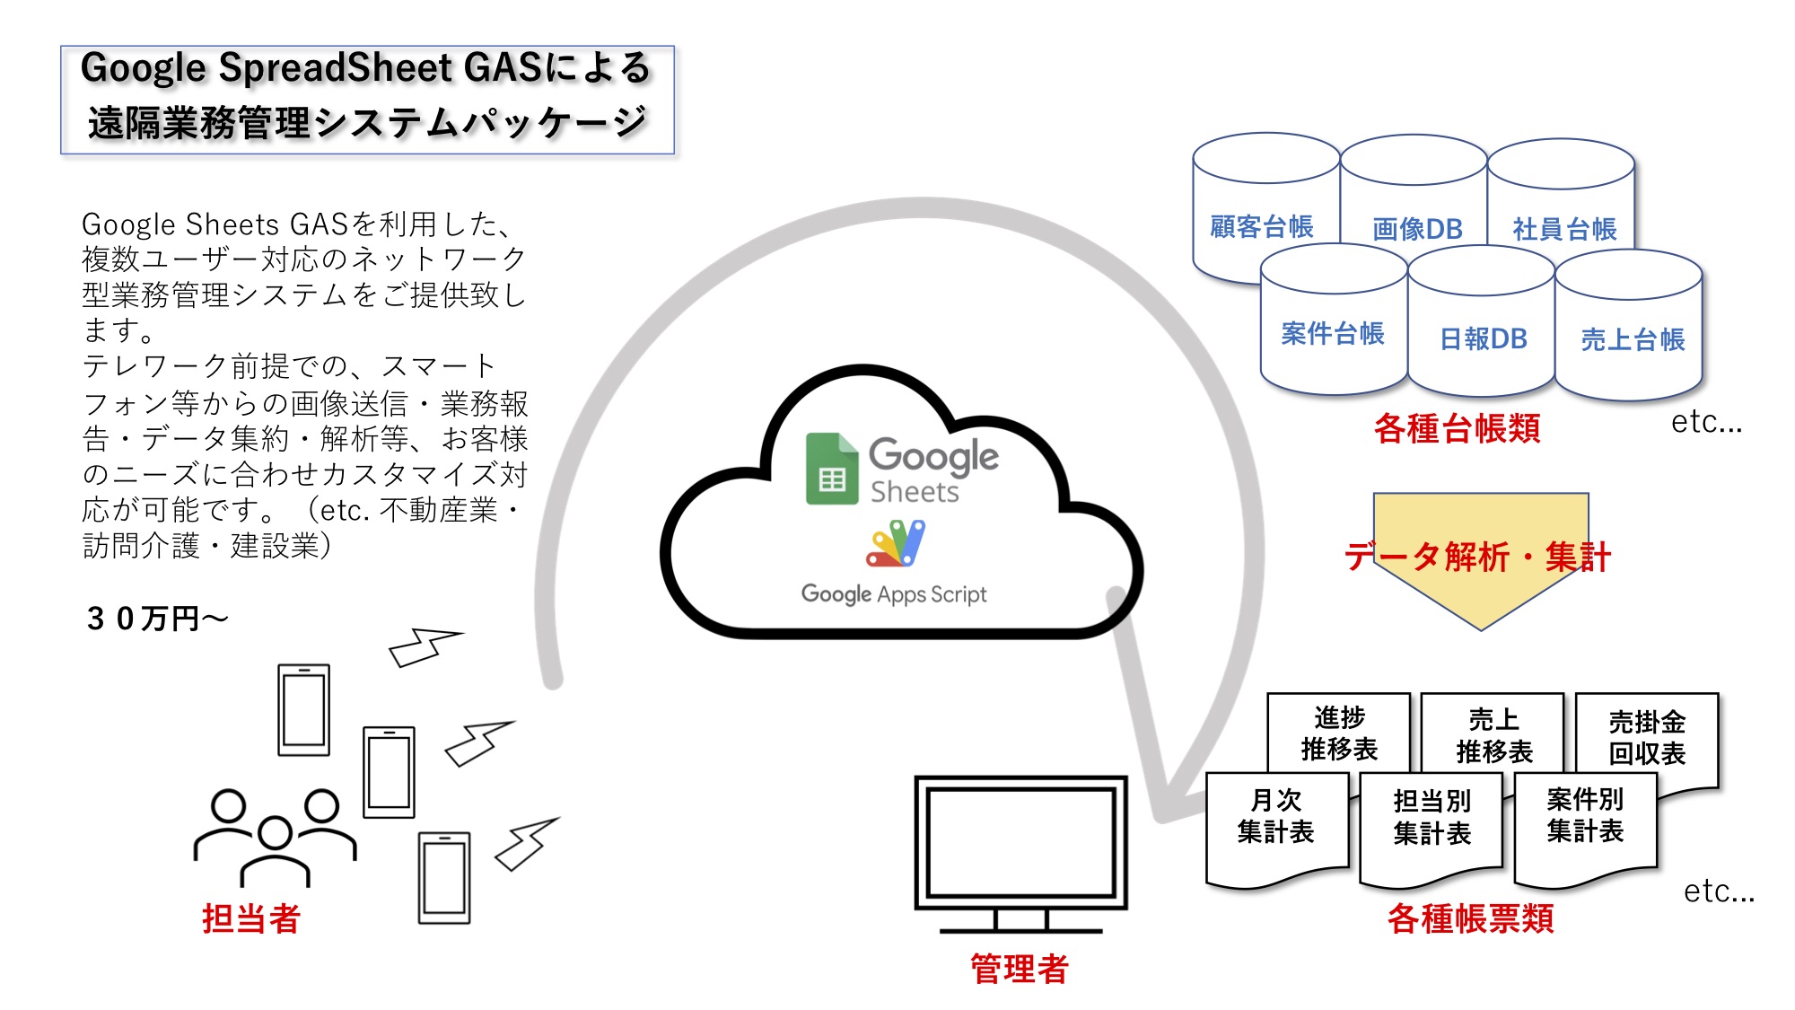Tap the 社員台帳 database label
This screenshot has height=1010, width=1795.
1564,229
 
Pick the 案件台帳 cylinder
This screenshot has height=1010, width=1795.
1333,333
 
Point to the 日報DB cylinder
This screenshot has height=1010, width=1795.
1483,338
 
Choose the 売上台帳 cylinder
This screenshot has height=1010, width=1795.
1632,338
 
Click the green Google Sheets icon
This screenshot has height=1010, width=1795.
831,469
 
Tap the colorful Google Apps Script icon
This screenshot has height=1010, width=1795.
895,544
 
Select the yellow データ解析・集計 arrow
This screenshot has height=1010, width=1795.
1479,558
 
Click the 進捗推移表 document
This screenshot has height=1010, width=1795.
1338,733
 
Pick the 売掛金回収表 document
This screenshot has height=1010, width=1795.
1647,737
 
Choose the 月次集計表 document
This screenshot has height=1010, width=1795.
1275,817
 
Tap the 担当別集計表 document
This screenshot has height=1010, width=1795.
1432,818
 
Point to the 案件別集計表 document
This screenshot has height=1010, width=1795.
1585,816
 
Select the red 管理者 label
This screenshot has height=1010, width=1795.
1019,969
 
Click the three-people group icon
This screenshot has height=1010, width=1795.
275,835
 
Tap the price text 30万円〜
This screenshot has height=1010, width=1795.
157,619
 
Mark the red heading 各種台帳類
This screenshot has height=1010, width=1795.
1457,428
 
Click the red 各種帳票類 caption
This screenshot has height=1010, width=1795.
1470,918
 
